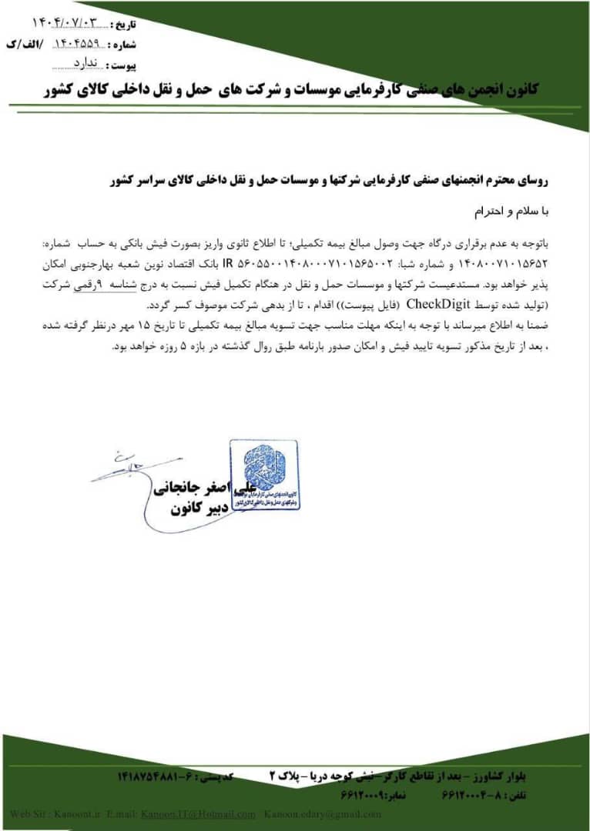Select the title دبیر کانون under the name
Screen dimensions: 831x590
click(186, 509)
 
